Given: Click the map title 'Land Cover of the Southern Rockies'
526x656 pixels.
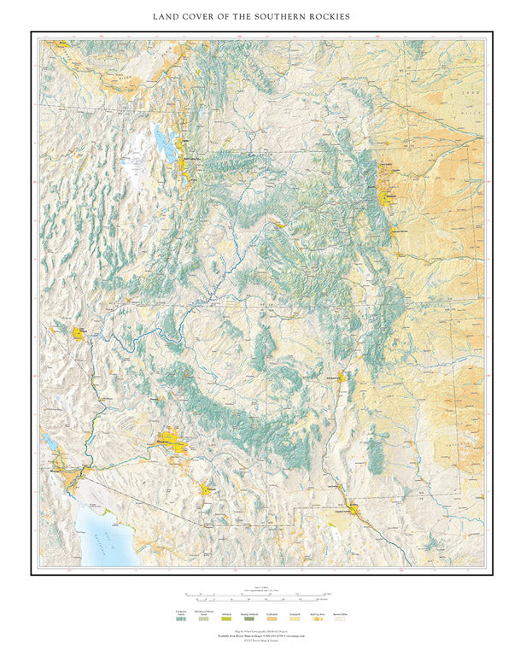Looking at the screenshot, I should coord(263,16).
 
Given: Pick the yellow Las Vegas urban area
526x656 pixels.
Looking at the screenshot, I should coord(80,332).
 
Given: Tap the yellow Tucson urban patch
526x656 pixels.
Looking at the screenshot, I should coord(207,489).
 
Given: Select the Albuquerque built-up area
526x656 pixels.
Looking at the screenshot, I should coord(342,376).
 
